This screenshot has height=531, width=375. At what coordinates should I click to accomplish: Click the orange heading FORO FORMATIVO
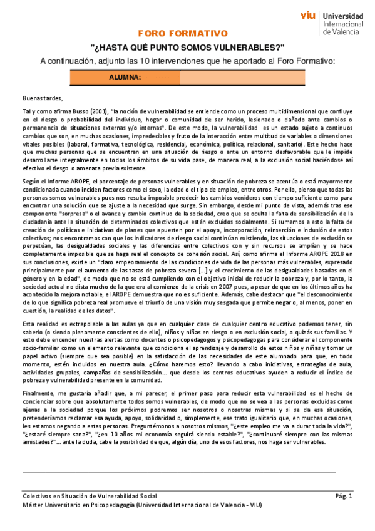pos(187,33)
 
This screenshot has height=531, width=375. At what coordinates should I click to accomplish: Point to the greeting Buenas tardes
pos(43,98)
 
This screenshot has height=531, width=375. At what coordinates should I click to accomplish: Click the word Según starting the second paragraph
pos(31,182)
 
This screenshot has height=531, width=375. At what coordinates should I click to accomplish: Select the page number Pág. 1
pos(344,496)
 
